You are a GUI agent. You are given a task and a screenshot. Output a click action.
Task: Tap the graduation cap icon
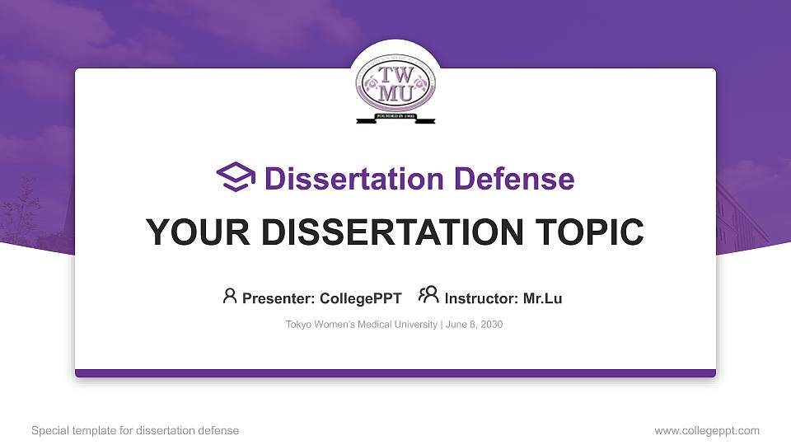pos(236,178)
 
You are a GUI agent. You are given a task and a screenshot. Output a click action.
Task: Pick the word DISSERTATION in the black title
pos(379,232)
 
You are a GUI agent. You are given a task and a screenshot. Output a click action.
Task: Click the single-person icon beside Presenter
pos(230,296)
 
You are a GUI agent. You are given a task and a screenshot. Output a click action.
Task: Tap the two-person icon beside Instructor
pos(428,296)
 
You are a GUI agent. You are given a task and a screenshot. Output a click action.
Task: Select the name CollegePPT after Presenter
pos(362,298)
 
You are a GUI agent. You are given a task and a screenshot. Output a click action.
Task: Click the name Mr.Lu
pos(542,298)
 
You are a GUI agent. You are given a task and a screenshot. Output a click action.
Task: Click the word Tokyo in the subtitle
pos(298,325)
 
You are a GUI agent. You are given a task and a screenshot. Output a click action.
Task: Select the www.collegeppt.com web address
pos(707,430)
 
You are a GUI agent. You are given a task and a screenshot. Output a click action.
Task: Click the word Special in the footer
pos(49,430)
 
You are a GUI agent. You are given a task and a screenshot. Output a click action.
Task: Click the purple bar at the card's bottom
pos(395,373)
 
